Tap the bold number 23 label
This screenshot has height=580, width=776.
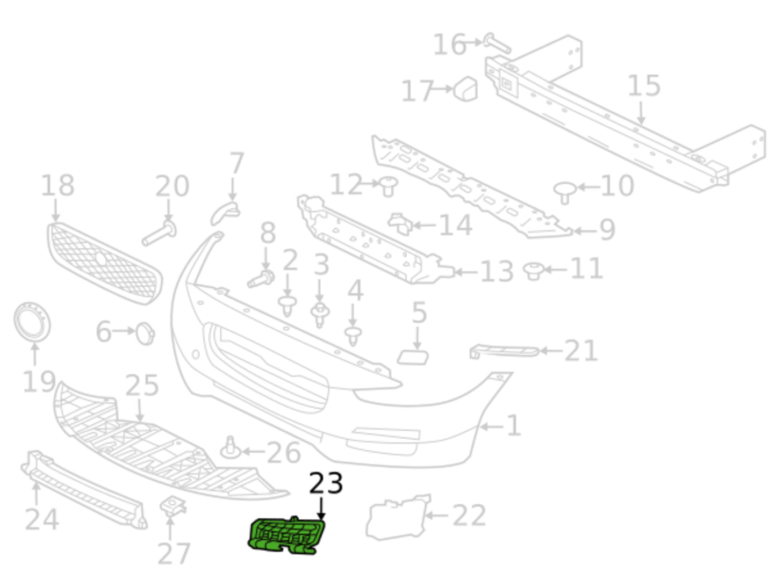326,483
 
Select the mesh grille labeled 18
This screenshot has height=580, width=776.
104,264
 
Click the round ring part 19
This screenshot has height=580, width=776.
32,322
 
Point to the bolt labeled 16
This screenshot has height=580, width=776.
497,44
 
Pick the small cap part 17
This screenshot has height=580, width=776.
466,88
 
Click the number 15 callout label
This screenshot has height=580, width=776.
644,86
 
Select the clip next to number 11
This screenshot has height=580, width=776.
534,271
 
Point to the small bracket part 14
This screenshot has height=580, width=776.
400,223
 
